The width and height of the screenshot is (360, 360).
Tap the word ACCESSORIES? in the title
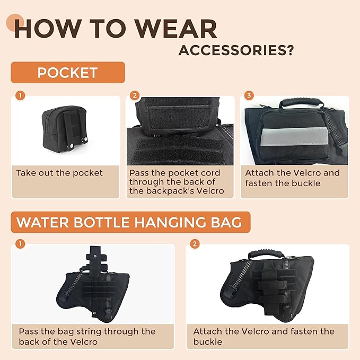click(236, 50)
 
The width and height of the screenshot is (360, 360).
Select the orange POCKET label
click(67, 73)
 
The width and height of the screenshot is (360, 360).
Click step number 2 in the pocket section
click(135, 96)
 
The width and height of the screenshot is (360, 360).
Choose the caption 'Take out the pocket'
click(59, 173)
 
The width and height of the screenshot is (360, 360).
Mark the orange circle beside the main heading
click(14, 22)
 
